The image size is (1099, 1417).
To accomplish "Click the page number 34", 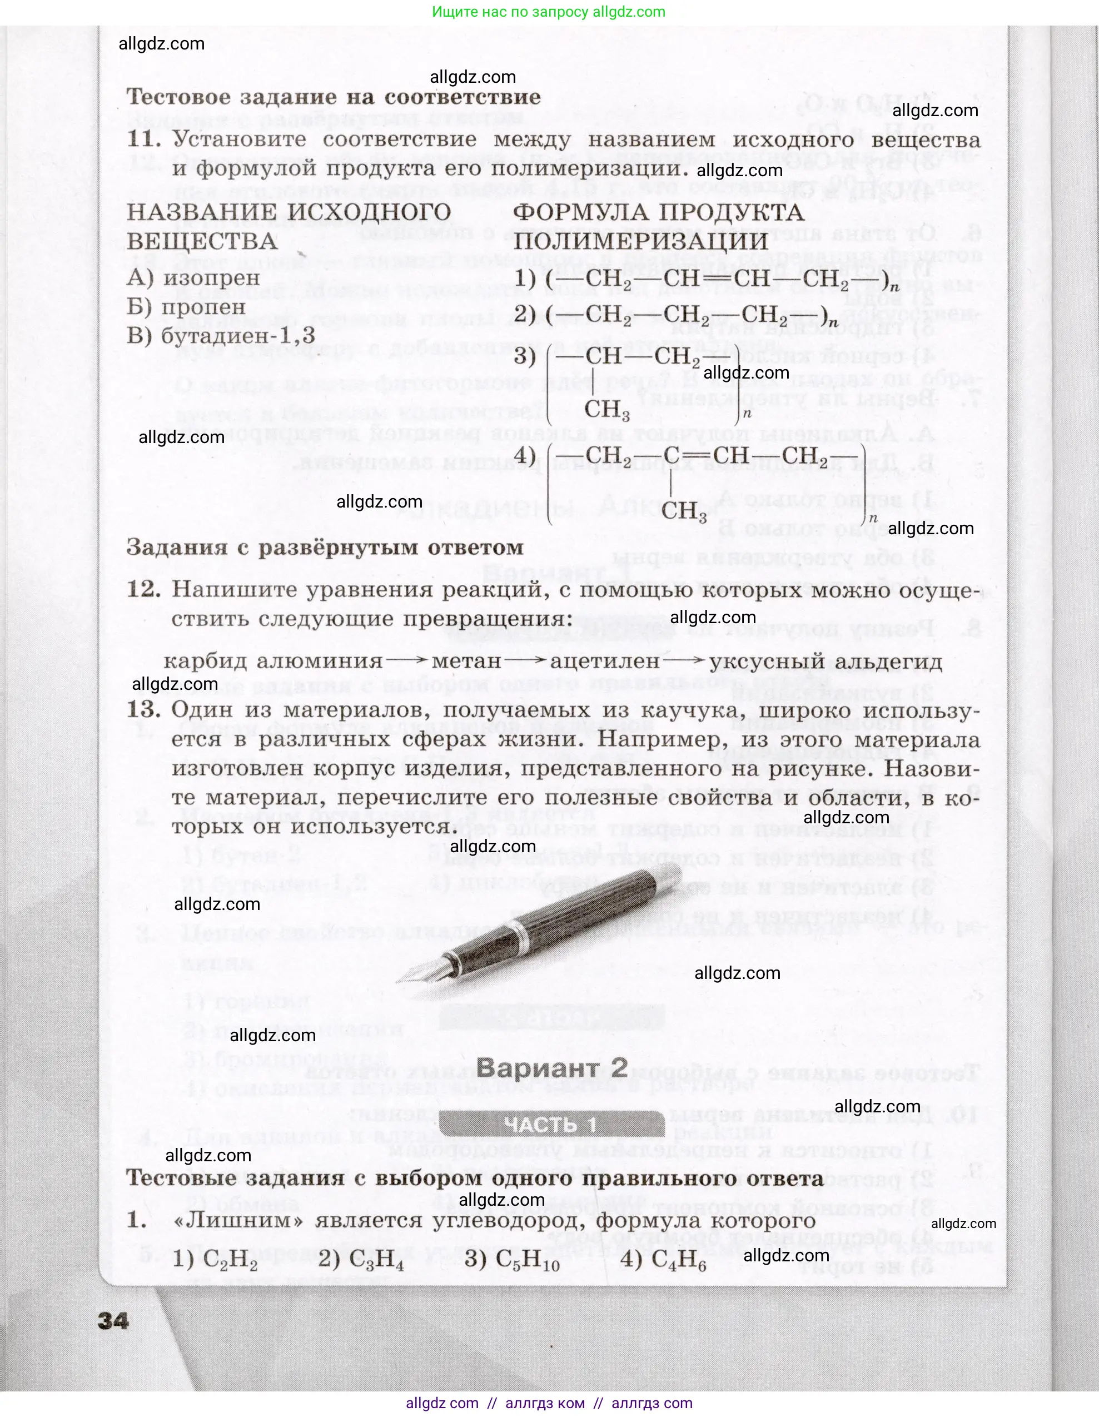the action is tap(113, 1320).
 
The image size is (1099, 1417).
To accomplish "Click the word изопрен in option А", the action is tap(211, 278).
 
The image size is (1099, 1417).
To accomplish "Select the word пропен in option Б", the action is tap(203, 307).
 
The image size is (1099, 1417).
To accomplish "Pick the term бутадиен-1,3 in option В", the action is tap(237, 336).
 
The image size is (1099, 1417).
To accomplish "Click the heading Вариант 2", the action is tap(551, 1068).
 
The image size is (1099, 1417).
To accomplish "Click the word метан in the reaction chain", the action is tap(466, 661).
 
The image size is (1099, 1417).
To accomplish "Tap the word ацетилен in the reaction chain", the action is tap(605, 661).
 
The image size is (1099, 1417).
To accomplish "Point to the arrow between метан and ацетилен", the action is tap(525, 660).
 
